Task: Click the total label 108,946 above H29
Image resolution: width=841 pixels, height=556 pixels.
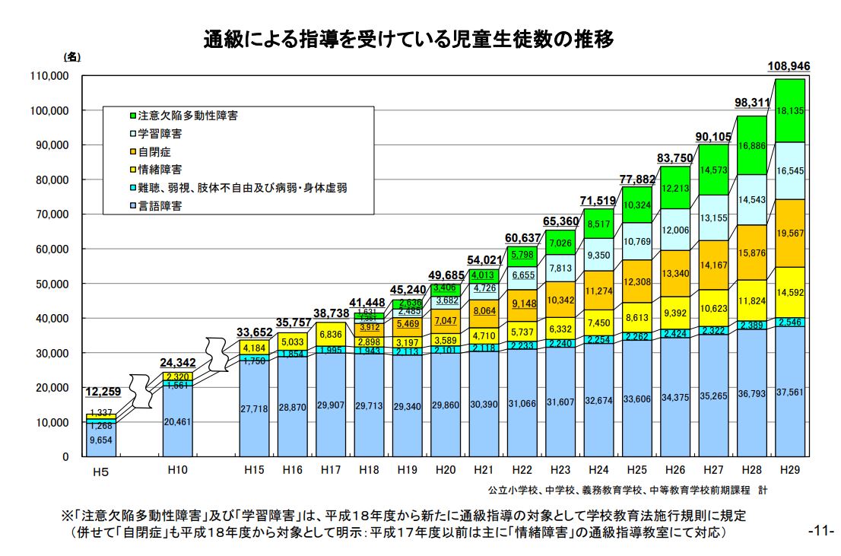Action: [789, 67]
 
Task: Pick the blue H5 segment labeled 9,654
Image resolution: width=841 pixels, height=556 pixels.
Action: [101, 439]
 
